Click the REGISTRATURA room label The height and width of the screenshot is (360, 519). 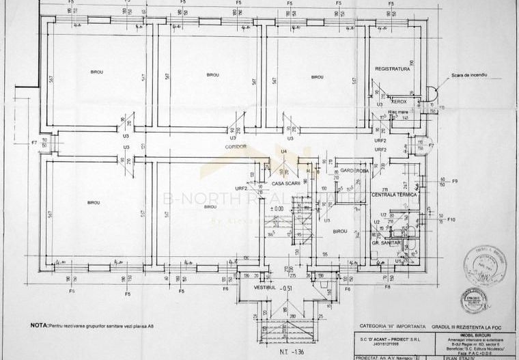[392, 69]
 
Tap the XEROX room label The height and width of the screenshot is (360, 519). [400, 102]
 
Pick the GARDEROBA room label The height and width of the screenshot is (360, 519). [354, 170]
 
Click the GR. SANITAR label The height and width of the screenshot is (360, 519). [386, 243]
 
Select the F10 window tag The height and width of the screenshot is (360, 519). [450, 219]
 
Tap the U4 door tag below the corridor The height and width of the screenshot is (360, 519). [283, 150]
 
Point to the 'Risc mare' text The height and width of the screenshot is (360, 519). [397, 111]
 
